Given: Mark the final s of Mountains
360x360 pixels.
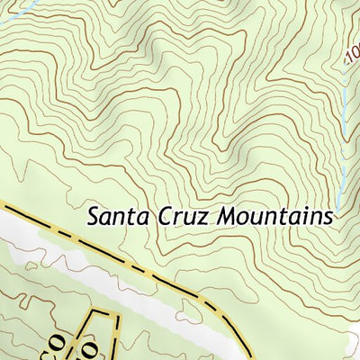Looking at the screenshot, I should click(328, 219).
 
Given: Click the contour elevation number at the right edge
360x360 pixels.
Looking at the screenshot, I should click(352, 58).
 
